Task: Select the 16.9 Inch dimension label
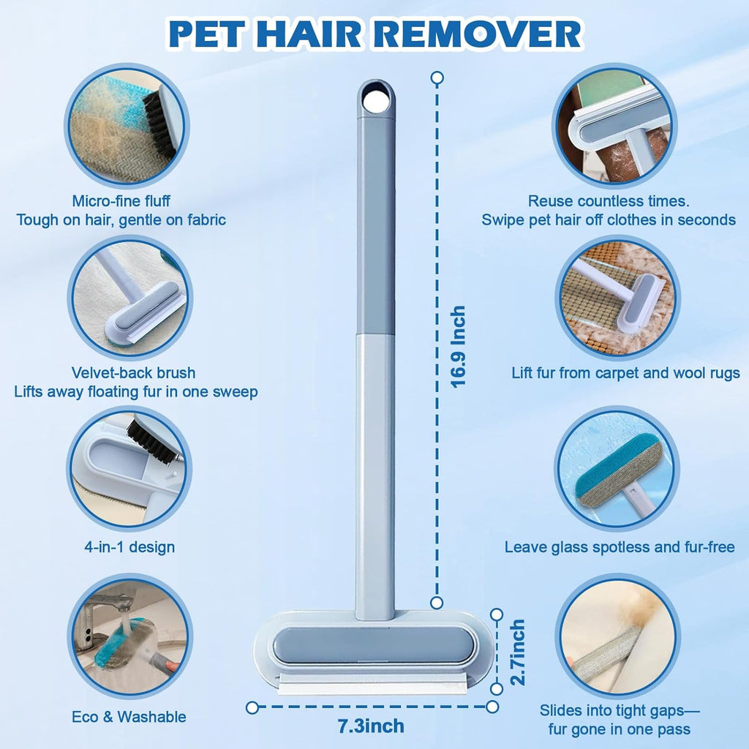pyautogui.click(x=458, y=346)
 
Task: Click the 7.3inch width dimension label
pyautogui.click(x=372, y=726)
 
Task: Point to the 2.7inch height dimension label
pyautogui.click(x=517, y=652)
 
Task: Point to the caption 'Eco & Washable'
pyautogui.click(x=129, y=717)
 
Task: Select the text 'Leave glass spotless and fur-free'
pyautogui.click(x=620, y=547)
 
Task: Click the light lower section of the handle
pyautogui.click(x=375, y=468)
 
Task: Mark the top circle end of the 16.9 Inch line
pyautogui.click(x=437, y=77)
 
